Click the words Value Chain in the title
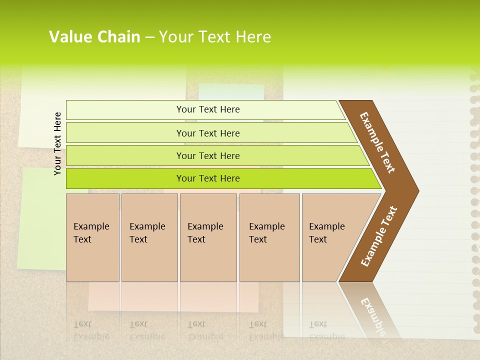tap(94, 37)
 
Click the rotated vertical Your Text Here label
tap(57, 144)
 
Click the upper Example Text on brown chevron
tap(377, 142)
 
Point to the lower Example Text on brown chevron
tap(379, 236)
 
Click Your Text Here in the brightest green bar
tap(208, 178)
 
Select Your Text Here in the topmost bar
tap(208, 109)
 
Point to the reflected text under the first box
tap(91, 330)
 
